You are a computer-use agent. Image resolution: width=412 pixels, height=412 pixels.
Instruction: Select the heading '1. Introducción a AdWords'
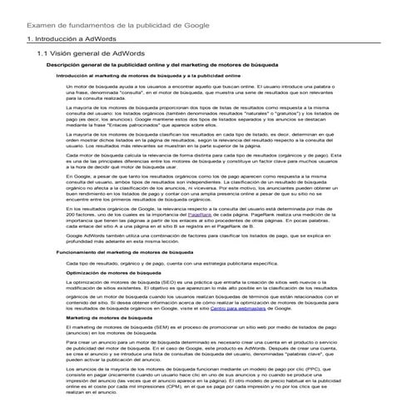pos(72,39)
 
